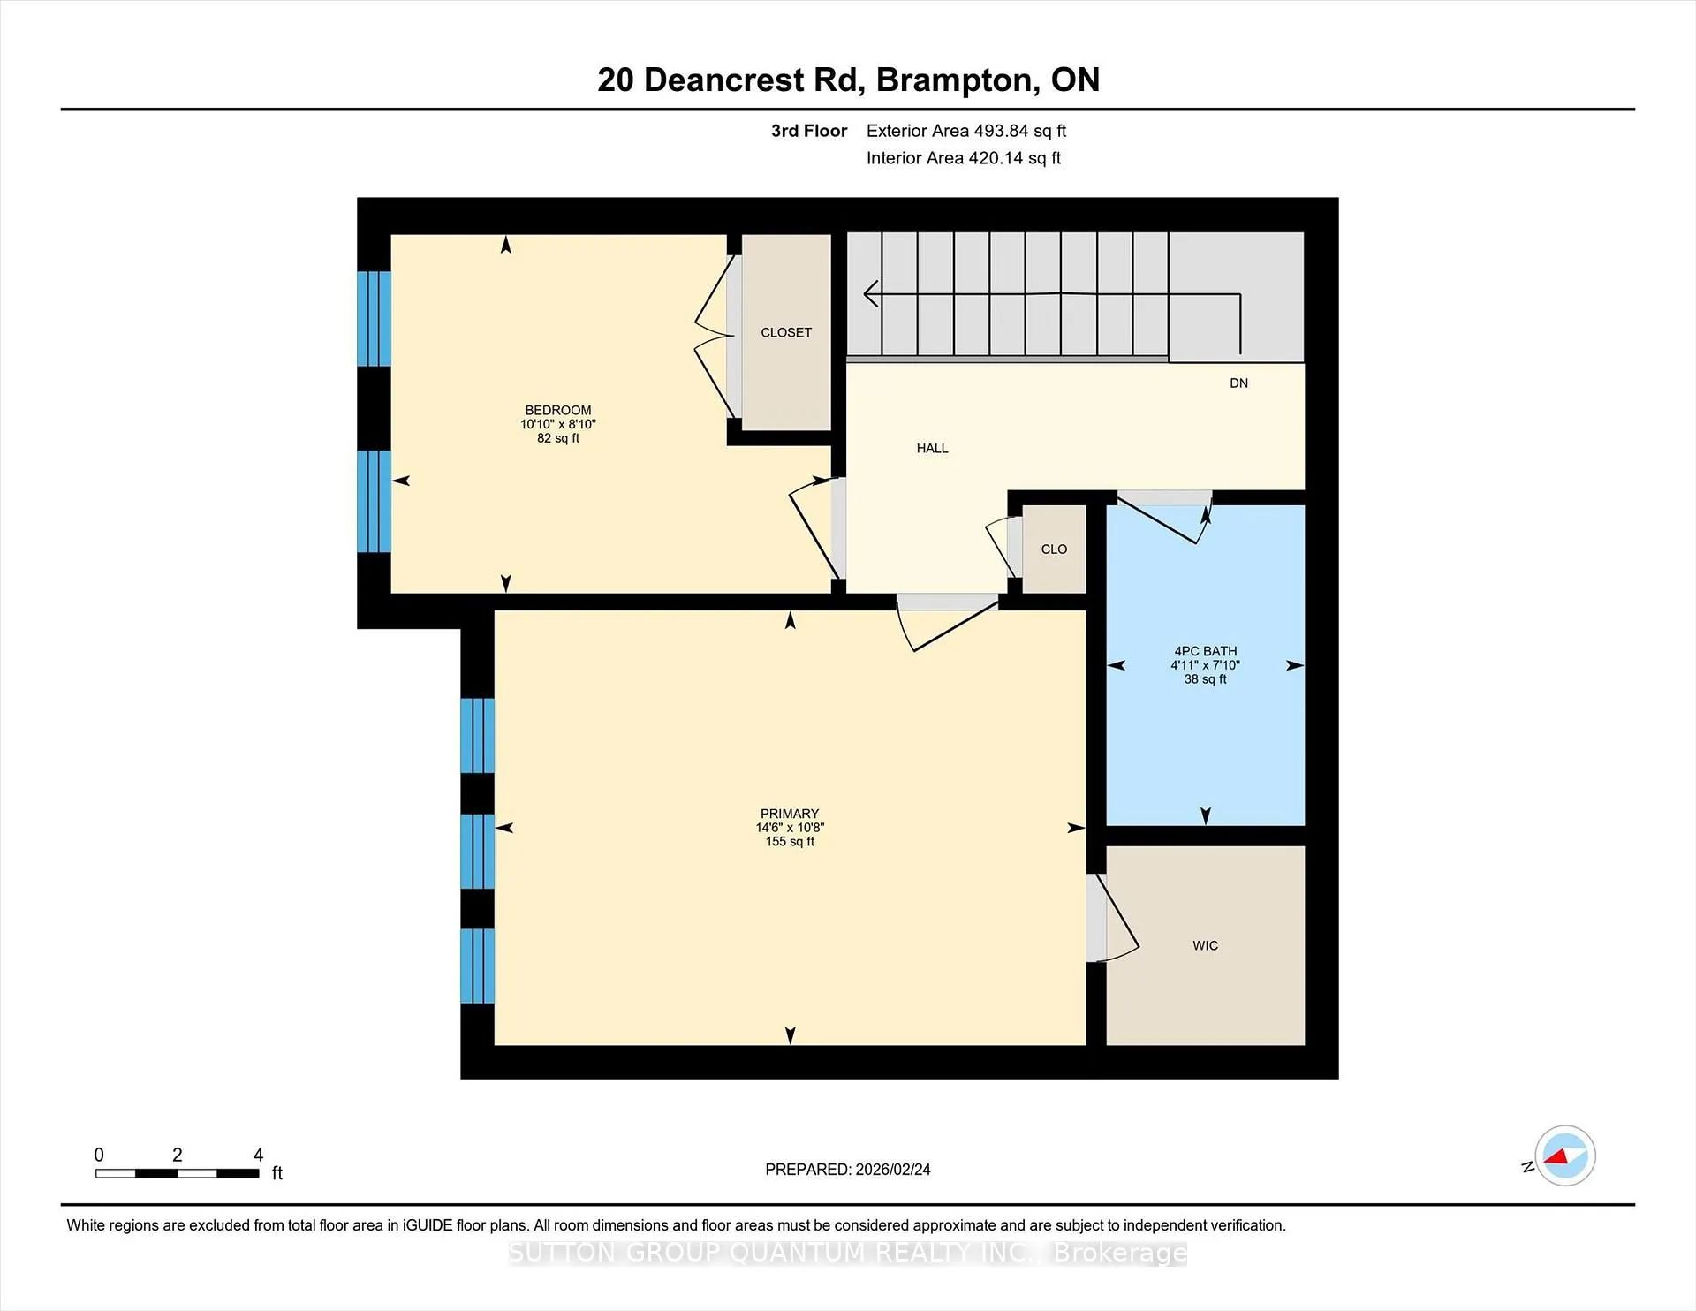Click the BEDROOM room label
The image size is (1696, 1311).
[558, 410]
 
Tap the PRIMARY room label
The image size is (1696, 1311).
[790, 814]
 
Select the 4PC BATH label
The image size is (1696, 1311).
[1206, 651]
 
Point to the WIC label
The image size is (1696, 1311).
[1205, 945]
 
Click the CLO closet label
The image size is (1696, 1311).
[1054, 549]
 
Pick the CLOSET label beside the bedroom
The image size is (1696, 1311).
[786, 332]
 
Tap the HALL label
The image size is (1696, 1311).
[932, 448]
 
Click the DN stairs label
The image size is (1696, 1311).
[1238, 383]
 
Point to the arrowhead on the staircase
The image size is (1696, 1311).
[870, 293]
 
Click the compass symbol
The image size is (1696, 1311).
[1564, 1156]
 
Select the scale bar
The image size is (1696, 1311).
[177, 1173]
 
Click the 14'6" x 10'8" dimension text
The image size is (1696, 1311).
[790, 828]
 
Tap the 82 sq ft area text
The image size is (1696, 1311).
[558, 438]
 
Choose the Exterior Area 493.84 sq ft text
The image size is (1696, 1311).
[966, 131]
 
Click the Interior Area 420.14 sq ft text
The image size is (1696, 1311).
[964, 158]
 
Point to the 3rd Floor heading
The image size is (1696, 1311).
[809, 131]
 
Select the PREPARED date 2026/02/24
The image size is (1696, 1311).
[892, 1169]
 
